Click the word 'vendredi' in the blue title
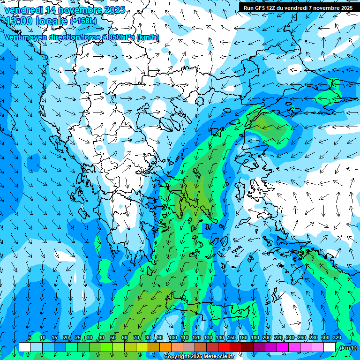pyautogui.click(x=21, y=10)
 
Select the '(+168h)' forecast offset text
pyautogui.click(x=83, y=21)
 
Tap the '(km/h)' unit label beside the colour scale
pyautogui.click(x=347, y=348)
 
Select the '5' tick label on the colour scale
pyautogui.click(x=30, y=337)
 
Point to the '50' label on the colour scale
pyautogui.click(x=113, y=337)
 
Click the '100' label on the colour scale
pyautogui.click(x=172, y=337)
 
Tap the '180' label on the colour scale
pyautogui.click(x=255, y=337)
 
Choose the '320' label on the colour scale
pyautogui.click(x=337, y=337)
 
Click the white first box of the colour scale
pyautogui.click(x=25, y=347)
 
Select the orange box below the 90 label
pyautogui.click(x=165, y=347)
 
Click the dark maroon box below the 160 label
pyautogui.click(x=247, y=347)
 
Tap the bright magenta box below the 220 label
pyautogui.click(x=283, y=347)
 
